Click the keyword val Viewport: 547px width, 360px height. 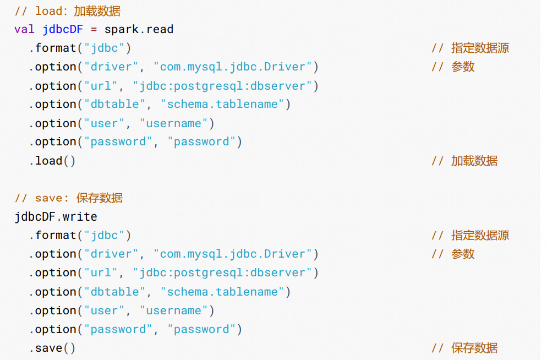(24, 29)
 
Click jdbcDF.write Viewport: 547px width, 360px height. (56, 216)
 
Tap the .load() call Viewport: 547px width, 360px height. (52, 161)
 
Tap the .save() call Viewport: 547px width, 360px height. (52, 348)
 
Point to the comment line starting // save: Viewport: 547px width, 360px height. (68, 198)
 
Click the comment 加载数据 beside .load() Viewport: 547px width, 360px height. (474, 161)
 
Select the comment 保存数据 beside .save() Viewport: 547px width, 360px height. (474, 348)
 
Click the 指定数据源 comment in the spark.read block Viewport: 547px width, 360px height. (480, 48)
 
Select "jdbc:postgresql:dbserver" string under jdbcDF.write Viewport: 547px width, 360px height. (226, 272)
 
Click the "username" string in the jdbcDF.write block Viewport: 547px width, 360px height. (177, 310)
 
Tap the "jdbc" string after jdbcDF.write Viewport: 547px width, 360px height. (104, 235)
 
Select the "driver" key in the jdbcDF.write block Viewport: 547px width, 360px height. (111, 254)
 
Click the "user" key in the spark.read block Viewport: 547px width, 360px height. (104, 123)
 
